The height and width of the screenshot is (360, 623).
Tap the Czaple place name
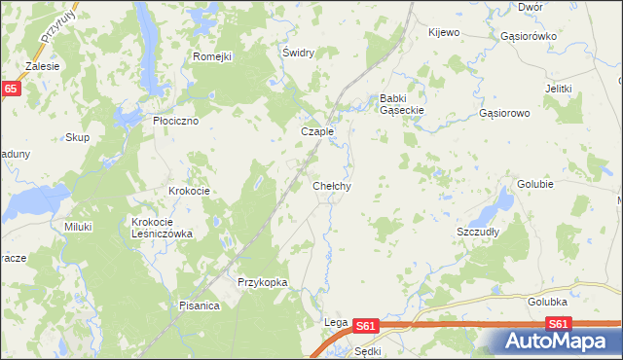[317, 131]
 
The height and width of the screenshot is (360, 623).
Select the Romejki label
[211, 56]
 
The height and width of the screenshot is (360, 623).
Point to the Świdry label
[297, 53]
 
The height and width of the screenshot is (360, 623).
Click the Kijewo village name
[443, 32]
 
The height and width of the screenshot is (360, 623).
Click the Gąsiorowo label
[504, 113]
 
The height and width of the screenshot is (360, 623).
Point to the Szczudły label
[478, 233]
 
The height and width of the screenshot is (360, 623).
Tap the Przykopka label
[263, 282]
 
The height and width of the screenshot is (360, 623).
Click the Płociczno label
[176, 121]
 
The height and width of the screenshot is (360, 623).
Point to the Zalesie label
[43, 66]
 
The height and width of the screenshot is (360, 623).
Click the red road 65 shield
[10, 89]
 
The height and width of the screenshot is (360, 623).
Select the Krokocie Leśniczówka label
[163, 228]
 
